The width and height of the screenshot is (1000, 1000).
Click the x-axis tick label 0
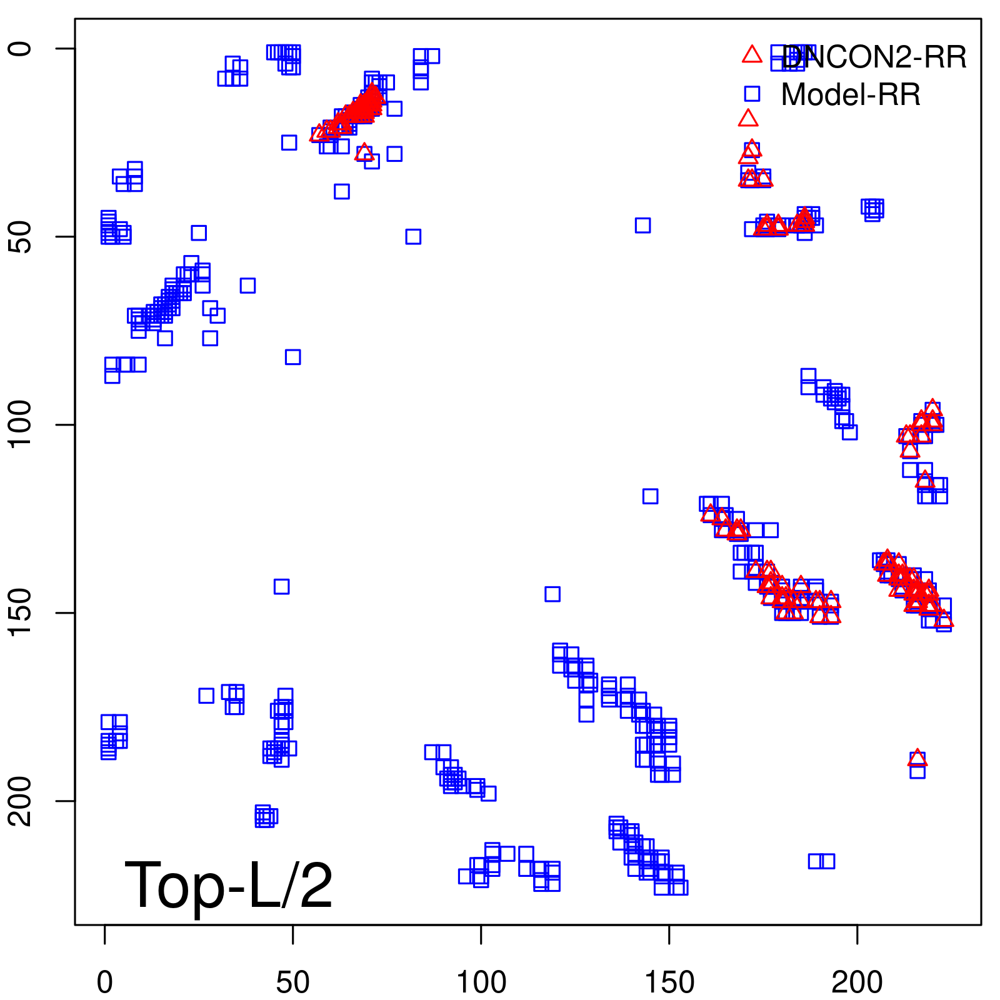(105, 983)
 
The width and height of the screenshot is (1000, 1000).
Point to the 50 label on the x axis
(292, 983)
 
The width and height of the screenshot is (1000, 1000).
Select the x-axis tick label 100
(481, 983)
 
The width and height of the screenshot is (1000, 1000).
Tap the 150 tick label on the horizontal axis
(669, 983)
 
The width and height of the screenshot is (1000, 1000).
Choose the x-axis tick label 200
(857, 983)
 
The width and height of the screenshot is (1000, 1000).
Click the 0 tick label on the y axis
(20, 49)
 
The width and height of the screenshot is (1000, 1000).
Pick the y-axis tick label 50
(20, 237)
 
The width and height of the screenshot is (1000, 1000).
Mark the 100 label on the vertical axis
(20, 425)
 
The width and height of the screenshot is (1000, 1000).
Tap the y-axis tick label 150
(20, 613)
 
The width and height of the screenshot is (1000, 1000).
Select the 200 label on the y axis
(20, 801)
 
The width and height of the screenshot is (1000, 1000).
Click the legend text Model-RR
(851, 95)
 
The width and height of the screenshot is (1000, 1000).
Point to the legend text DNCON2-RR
(874, 57)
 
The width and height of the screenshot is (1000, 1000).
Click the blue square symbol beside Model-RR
(752, 94)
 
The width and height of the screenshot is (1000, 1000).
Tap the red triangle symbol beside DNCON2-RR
(752, 55)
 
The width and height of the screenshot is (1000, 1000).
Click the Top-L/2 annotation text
(229, 885)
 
